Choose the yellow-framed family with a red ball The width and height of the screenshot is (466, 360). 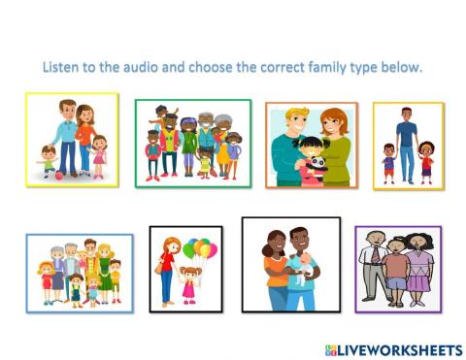(73, 139)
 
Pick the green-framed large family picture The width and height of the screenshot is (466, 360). (192, 143)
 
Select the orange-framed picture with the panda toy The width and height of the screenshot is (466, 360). (312, 145)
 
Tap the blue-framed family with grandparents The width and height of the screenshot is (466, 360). (80, 273)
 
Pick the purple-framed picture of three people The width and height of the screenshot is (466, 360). (397, 270)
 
